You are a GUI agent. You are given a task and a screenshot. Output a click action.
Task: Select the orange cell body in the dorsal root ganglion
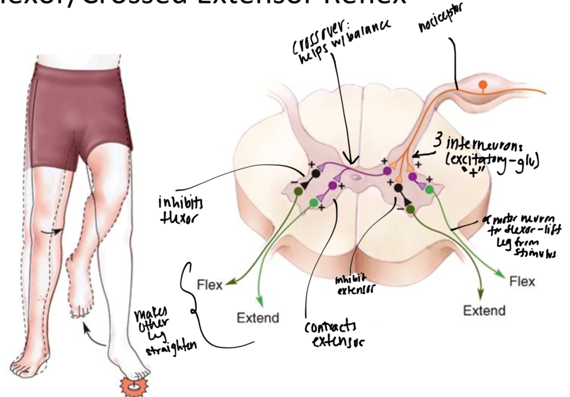[x=483, y=84]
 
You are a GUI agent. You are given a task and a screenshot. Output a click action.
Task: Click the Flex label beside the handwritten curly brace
[x=210, y=285]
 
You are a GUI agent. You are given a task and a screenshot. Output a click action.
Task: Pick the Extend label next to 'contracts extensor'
[x=258, y=318]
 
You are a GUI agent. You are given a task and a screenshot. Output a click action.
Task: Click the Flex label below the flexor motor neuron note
[x=522, y=282]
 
